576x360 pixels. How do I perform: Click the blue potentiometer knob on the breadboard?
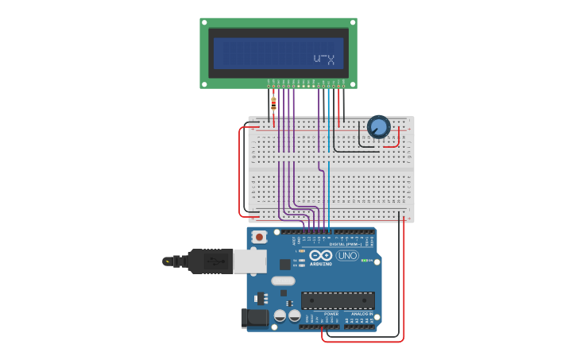(x=378, y=126)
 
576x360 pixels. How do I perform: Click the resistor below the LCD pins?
(x=273, y=103)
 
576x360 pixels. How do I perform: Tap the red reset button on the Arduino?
(x=258, y=236)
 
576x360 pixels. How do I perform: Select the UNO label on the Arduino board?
(x=347, y=255)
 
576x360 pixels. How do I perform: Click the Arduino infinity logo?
(x=321, y=255)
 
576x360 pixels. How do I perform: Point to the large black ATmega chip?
(x=338, y=300)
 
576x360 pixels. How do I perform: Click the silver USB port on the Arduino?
(x=249, y=261)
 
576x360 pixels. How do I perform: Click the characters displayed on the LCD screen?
(x=323, y=59)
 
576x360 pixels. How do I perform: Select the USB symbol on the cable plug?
(x=211, y=261)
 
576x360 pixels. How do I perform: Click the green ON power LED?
(x=365, y=260)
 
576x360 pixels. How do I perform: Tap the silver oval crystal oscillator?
(x=283, y=281)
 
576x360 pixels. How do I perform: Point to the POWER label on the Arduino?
(x=331, y=314)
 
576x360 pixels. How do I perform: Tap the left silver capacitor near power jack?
(x=280, y=315)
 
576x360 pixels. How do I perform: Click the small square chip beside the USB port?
(x=284, y=264)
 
